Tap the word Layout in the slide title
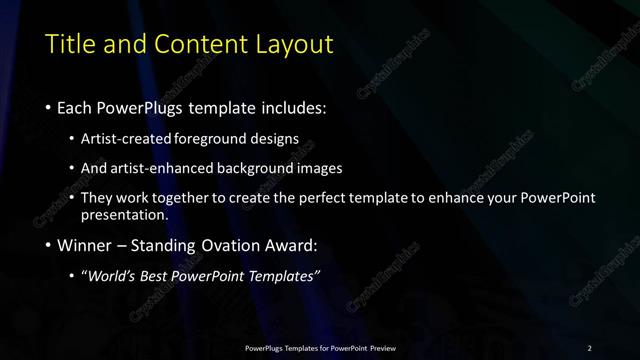tap(291, 44)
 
